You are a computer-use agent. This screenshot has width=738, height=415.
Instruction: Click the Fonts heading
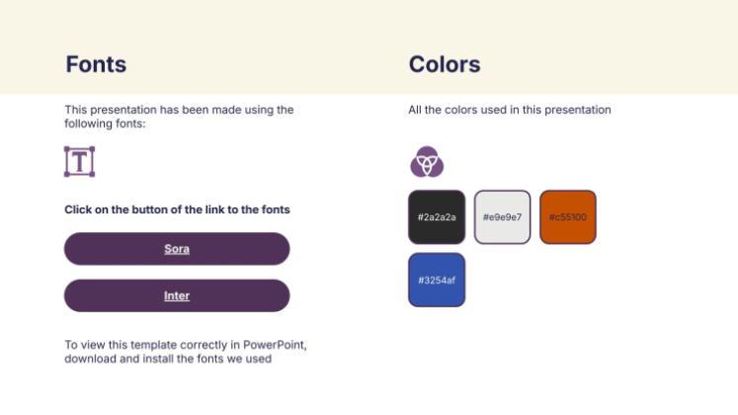click(x=96, y=64)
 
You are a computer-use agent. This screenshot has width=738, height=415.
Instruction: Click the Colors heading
click(x=445, y=64)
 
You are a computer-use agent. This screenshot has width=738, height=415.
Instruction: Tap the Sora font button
click(x=177, y=248)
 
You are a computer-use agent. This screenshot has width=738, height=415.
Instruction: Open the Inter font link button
click(x=177, y=295)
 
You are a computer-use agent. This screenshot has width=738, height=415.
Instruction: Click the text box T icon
click(x=79, y=161)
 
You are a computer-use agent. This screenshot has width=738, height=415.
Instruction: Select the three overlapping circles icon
click(x=427, y=162)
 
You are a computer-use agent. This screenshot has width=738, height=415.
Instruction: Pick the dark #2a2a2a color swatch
click(x=437, y=217)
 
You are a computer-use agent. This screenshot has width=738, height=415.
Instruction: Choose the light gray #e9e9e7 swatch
click(x=502, y=217)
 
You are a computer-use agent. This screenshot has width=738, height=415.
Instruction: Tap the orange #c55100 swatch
click(x=568, y=217)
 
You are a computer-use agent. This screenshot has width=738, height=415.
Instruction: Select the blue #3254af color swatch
click(x=437, y=280)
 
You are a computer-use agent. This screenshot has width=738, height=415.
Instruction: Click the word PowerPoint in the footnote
click(x=275, y=345)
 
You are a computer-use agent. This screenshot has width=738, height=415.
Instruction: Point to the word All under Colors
click(x=415, y=110)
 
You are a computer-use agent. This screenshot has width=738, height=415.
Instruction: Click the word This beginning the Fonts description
click(x=76, y=110)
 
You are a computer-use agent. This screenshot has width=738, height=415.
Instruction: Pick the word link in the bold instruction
click(x=214, y=209)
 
